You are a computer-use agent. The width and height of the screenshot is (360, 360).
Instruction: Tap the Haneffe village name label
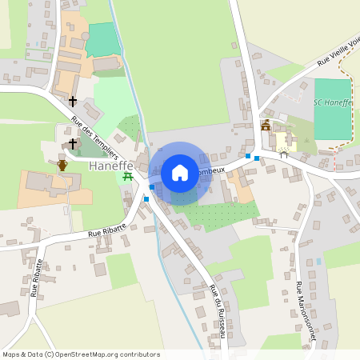[110, 167]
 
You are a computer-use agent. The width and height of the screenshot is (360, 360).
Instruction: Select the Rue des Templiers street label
[94, 137]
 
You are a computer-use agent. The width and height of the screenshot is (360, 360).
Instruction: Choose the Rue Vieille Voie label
[338, 51]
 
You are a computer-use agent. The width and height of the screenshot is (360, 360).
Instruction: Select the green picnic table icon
[126, 178]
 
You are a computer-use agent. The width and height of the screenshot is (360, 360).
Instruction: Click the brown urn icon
[62, 165]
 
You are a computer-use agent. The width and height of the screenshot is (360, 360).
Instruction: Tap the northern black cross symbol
[73, 102]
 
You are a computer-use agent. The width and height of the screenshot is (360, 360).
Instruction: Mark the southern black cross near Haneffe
[73, 144]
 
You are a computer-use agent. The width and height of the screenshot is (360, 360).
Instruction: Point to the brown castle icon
[266, 126]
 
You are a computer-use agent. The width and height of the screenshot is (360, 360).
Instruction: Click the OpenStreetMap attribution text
[81, 354]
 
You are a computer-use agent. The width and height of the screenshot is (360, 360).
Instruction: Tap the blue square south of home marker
[146, 198]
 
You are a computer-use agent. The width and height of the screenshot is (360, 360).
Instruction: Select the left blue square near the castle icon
[248, 155]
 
